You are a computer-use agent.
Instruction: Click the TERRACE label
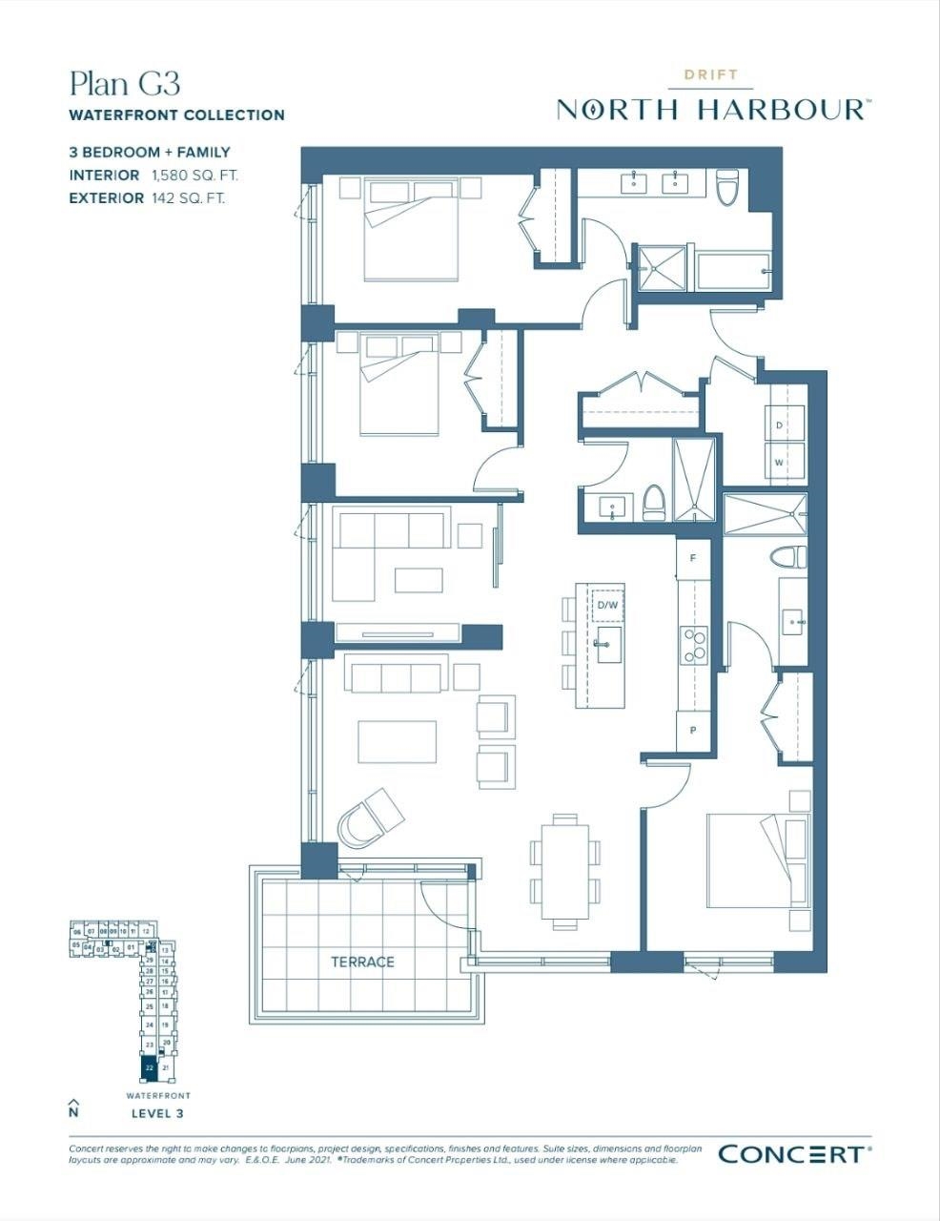click(x=362, y=962)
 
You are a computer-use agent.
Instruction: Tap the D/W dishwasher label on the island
click(x=607, y=605)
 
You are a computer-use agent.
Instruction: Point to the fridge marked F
click(x=693, y=558)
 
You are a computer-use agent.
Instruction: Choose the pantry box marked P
click(x=693, y=731)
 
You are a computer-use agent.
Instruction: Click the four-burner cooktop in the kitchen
click(x=693, y=646)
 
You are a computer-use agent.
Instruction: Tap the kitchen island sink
click(x=607, y=645)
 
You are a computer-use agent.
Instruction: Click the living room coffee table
click(x=398, y=741)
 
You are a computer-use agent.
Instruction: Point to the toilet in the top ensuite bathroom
click(x=728, y=188)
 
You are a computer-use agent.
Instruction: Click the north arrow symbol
click(x=73, y=1107)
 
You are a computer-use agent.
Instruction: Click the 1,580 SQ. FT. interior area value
click(x=194, y=176)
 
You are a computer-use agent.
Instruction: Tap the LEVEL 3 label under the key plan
click(x=156, y=1113)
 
